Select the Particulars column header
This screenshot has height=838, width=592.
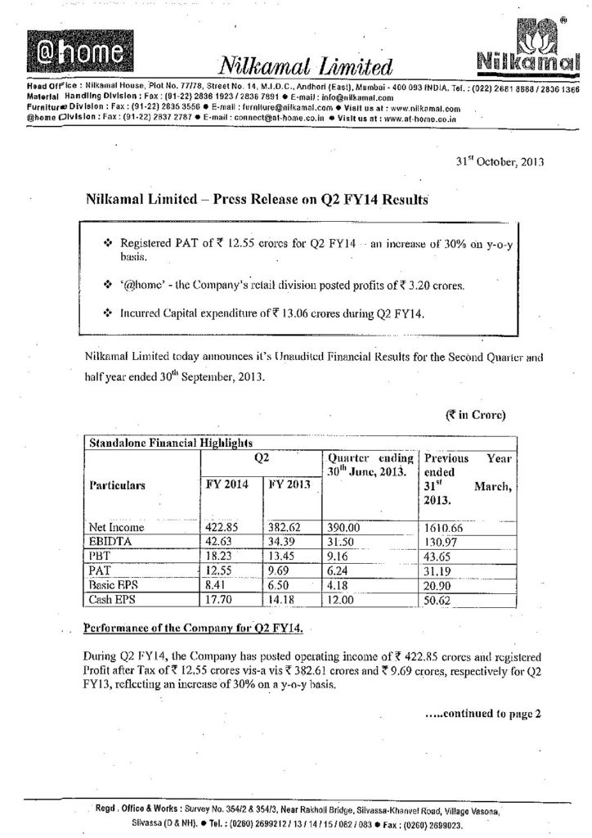click(118, 485)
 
